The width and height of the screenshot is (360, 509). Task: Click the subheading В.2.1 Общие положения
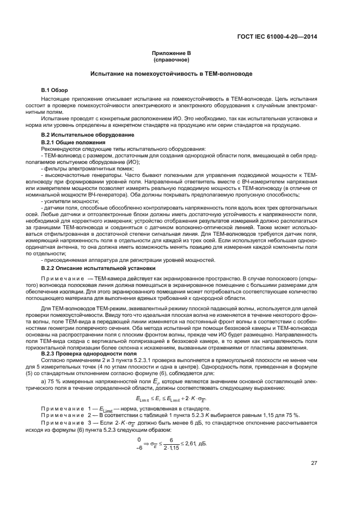(71, 142)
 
